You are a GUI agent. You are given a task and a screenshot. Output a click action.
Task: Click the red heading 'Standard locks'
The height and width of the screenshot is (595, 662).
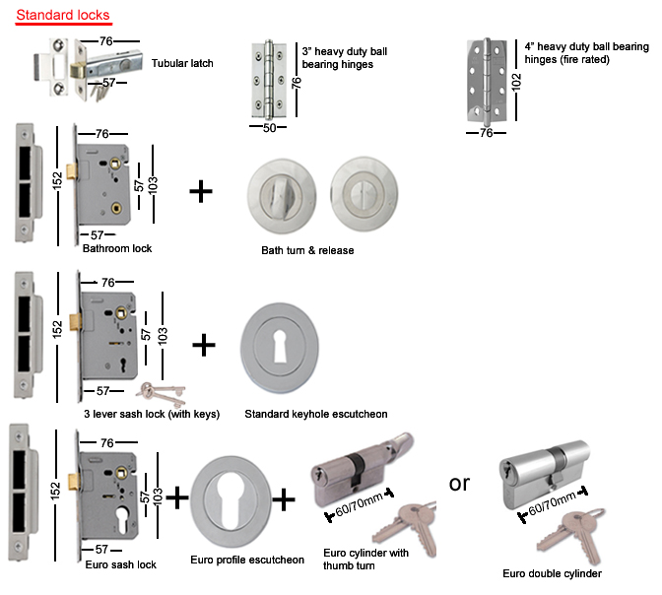(x=62, y=17)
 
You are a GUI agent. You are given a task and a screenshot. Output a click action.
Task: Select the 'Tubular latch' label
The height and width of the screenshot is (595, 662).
(x=182, y=64)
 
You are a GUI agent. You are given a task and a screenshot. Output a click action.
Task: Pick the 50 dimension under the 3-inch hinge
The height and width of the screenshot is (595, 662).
(x=268, y=128)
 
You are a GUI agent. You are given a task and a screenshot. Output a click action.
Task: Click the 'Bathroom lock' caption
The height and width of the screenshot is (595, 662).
(x=117, y=248)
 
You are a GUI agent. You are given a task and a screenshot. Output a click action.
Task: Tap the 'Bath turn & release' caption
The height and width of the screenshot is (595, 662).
(x=307, y=250)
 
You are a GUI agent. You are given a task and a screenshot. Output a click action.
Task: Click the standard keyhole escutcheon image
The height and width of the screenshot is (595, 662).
(x=280, y=346)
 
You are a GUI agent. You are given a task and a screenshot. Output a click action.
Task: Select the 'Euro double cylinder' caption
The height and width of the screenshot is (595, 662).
(x=552, y=573)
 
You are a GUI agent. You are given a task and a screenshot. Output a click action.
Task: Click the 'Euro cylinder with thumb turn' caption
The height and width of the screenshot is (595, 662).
(x=365, y=559)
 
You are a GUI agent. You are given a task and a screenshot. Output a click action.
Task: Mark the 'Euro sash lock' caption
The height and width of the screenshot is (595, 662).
(x=120, y=564)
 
